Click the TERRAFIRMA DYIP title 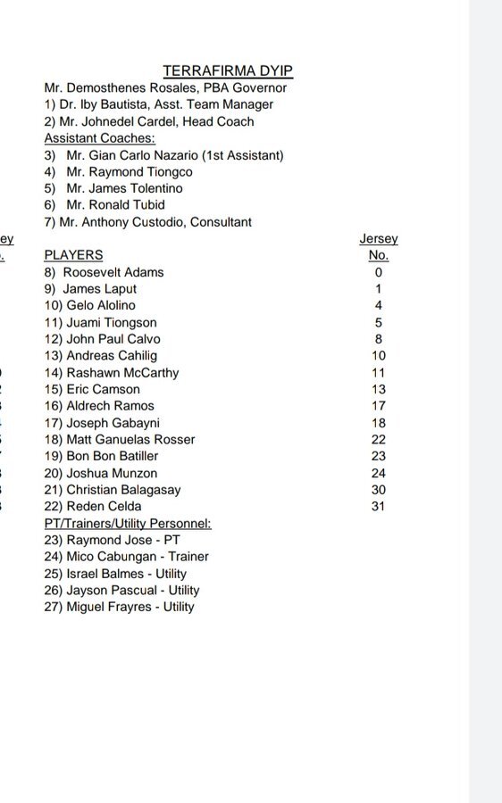point(228,70)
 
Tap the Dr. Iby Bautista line point(159,104)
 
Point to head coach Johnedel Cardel point(149,121)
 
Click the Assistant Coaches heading point(100,138)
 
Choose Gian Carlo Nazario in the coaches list point(164,155)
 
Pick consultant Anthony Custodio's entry point(148,222)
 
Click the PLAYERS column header point(73,255)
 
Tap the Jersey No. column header point(379,246)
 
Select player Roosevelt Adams point(104,272)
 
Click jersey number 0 point(379,272)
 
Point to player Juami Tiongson point(100,322)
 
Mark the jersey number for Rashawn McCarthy point(379,373)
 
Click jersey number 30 point(379,490)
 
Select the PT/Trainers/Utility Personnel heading point(128,524)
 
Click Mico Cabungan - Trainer point(126,557)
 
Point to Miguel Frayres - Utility point(119,607)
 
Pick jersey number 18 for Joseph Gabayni point(379,423)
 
